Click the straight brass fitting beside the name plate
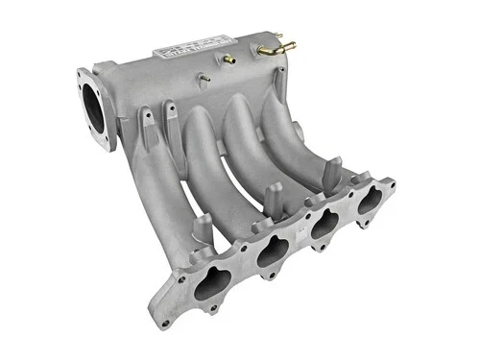(229, 60)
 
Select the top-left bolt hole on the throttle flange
(82, 73)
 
